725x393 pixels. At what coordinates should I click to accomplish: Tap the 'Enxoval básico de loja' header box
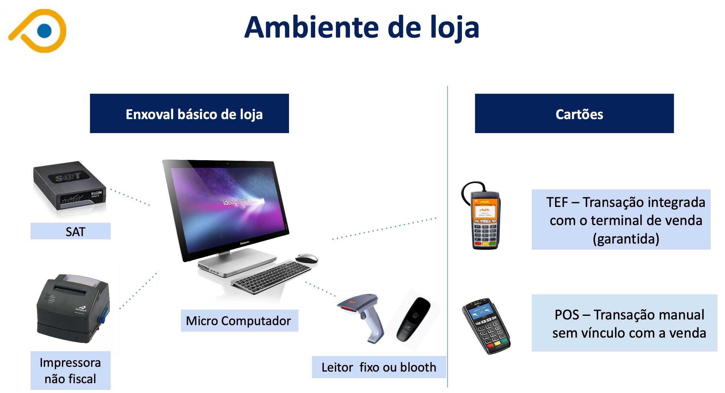coord(189,113)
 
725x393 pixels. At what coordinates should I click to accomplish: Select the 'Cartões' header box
coord(574,113)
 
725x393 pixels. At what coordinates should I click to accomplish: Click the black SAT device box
coord(70,185)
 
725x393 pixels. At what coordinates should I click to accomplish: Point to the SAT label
coord(71,231)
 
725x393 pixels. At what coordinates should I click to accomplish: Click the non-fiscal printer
coord(73,309)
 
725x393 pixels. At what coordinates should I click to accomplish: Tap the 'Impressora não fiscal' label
coord(71,371)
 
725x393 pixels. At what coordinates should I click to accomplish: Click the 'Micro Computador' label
coord(239,321)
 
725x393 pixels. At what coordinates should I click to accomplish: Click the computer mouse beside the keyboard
coord(307,258)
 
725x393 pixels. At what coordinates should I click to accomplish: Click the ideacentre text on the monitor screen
coord(235,202)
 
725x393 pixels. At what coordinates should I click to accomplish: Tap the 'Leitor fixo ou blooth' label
coord(379,367)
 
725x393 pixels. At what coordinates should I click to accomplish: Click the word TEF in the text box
coord(557,202)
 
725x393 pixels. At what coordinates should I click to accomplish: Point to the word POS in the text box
coord(567,315)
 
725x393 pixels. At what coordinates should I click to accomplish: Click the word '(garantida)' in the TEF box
coord(626,239)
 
